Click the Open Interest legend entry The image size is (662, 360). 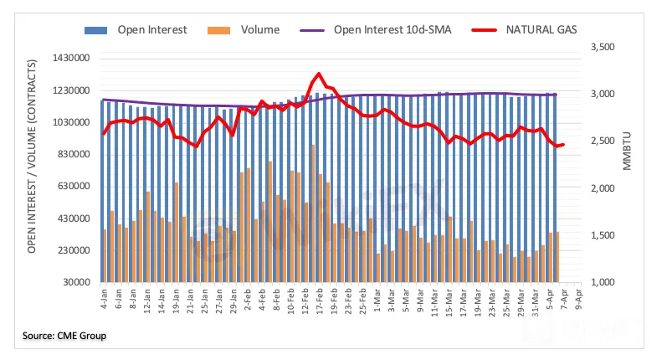tap(138, 30)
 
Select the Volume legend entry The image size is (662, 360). tap(250, 30)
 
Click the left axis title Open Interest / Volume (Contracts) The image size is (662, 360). tap(32, 167)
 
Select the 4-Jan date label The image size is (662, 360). tap(105, 301)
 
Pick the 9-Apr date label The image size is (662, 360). tap(577, 301)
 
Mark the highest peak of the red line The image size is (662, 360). tap(319, 74)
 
